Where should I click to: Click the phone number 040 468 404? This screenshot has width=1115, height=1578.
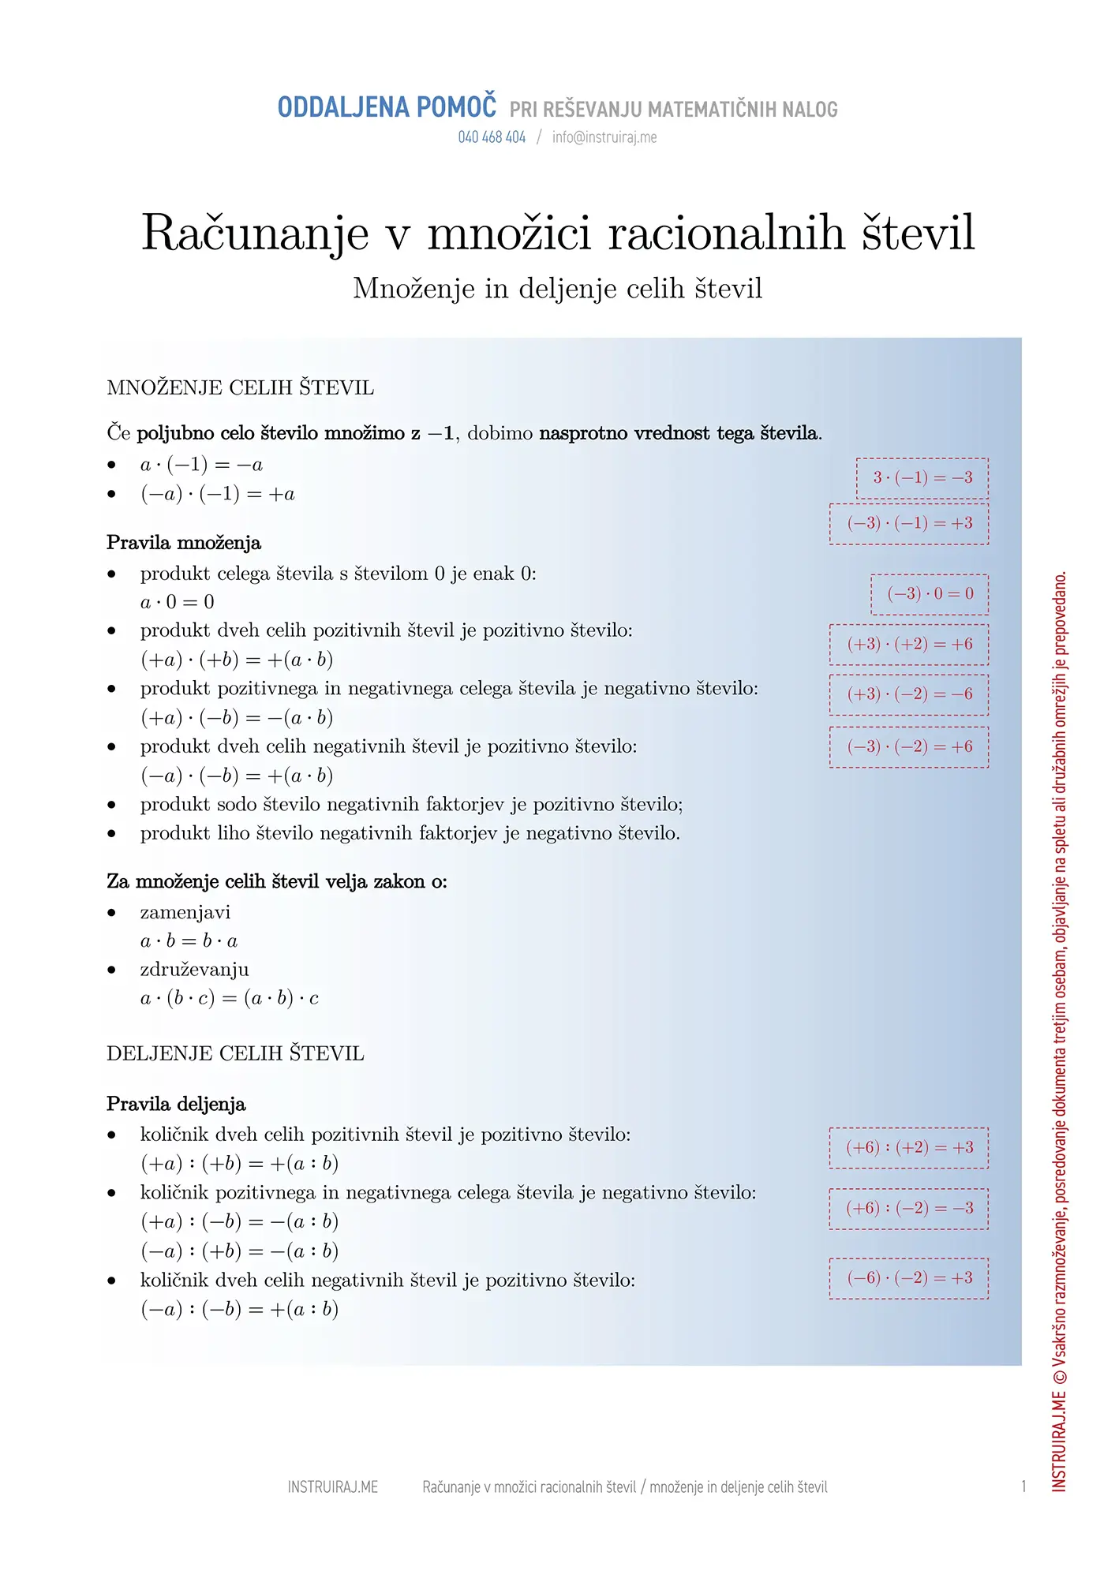pyautogui.click(x=492, y=137)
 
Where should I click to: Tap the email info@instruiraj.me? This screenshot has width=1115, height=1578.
pyautogui.click(x=604, y=137)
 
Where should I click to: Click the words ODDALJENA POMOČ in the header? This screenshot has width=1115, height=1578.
pyautogui.click(x=387, y=107)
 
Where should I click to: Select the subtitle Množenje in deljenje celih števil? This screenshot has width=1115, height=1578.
pyautogui.click(x=557, y=289)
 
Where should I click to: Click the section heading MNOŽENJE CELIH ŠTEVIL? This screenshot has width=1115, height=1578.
pyautogui.click(x=240, y=387)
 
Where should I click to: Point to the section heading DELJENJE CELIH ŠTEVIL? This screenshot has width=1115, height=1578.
pyautogui.click(x=235, y=1053)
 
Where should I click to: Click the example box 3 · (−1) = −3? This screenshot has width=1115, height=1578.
pyautogui.click(x=922, y=478)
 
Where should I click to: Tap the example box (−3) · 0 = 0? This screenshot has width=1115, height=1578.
pyautogui.click(x=930, y=594)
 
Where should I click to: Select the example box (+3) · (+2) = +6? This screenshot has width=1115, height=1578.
pyautogui.click(x=909, y=645)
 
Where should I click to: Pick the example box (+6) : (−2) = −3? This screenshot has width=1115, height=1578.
pyautogui.click(x=909, y=1209)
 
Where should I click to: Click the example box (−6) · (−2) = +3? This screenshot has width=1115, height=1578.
pyautogui.click(x=909, y=1278)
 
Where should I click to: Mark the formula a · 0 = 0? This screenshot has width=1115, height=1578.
pyautogui.click(x=178, y=602)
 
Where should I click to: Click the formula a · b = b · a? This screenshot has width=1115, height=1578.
pyautogui.click(x=189, y=941)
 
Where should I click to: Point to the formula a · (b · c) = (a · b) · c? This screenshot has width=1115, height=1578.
pyautogui.click(x=229, y=999)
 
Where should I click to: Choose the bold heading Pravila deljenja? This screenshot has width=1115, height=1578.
pyautogui.click(x=176, y=1104)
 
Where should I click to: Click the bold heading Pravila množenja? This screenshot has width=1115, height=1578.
pyautogui.click(x=184, y=543)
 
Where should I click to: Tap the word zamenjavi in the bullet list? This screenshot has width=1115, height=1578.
pyautogui.click(x=185, y=913)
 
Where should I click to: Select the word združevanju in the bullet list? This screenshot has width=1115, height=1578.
pyautogui.click(x=194, y=970)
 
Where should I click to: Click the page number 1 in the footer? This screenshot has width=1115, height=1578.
pyautogui.click(x=1023, y=1486)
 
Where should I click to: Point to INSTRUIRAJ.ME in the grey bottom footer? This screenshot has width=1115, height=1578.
pyautogui.click(x=332, y=1487)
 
